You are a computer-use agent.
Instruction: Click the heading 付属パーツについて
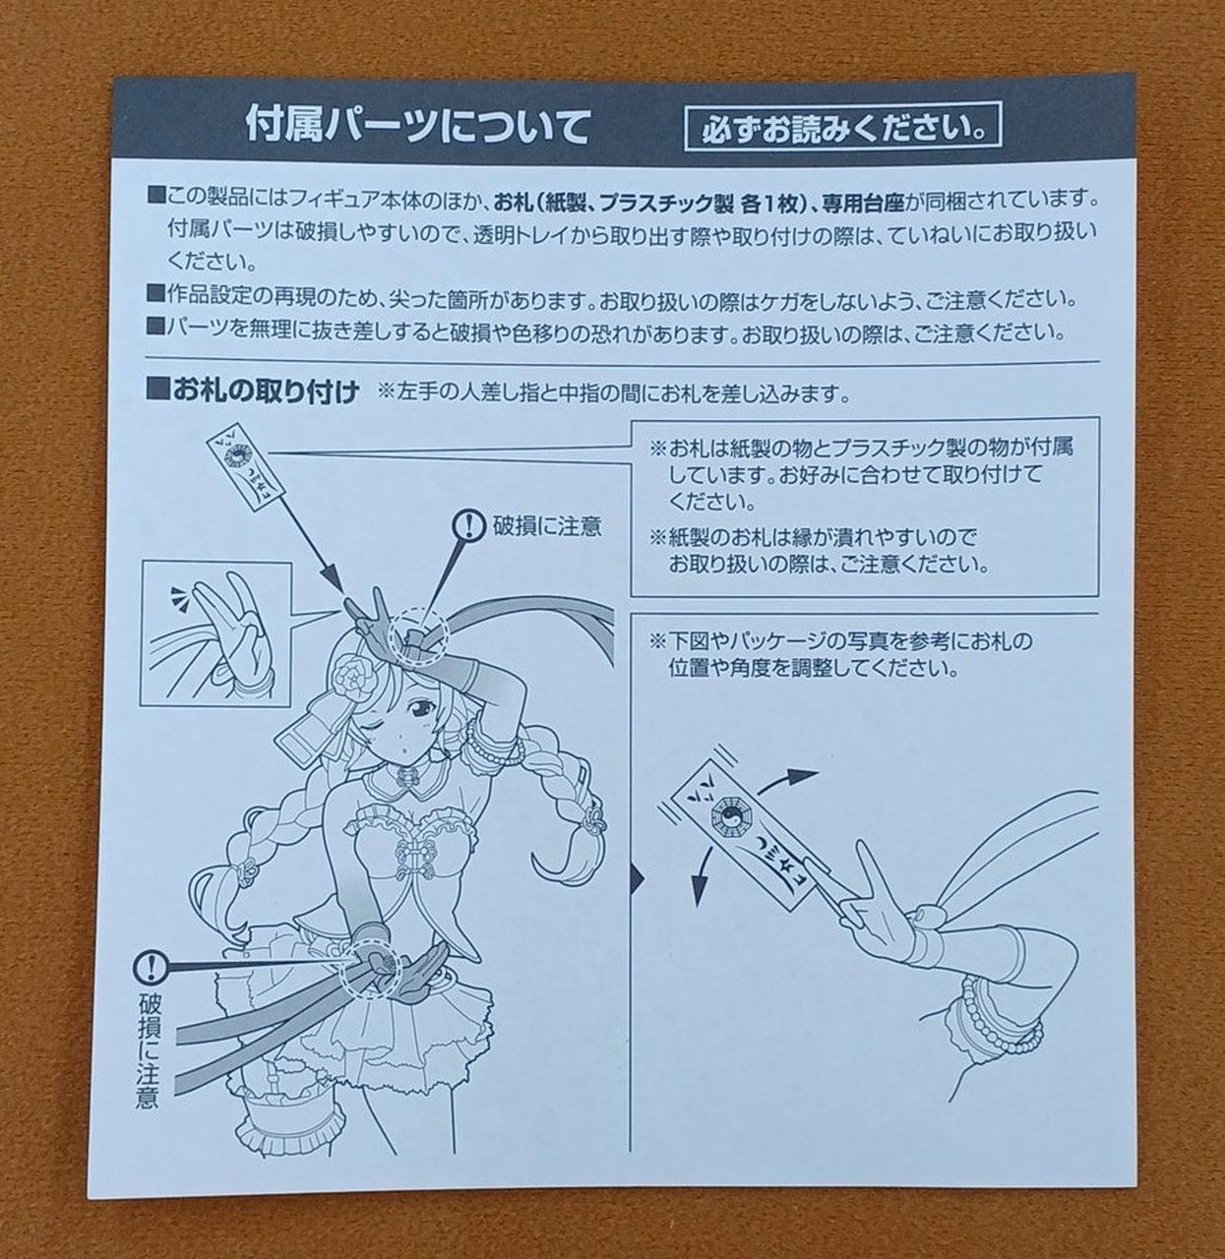417,125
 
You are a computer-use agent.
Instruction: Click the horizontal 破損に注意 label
547,525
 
